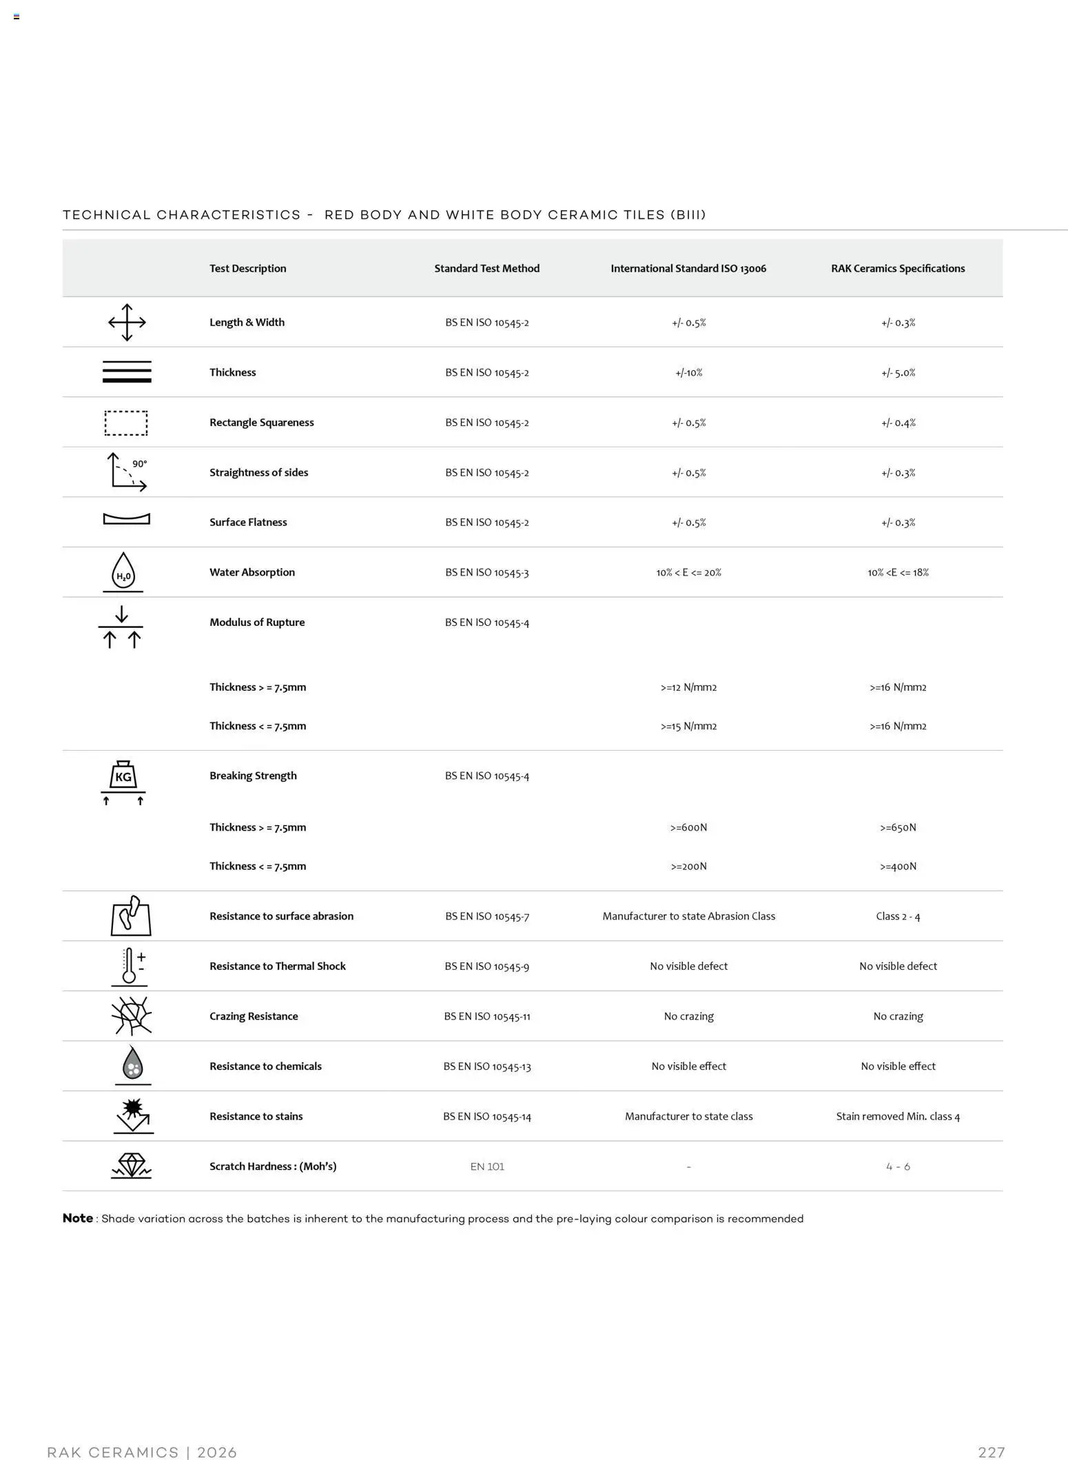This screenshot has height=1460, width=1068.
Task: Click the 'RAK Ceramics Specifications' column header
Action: tap(897, 268)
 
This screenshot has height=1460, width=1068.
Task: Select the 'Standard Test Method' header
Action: tap(486, 268)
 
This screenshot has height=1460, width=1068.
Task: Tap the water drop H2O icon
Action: tap(123, 571)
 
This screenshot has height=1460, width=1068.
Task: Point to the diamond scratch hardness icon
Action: tap(131, 1166)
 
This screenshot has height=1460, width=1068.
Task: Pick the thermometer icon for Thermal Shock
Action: tap(130, 965)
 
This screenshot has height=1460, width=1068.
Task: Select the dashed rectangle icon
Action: tap(126, 423)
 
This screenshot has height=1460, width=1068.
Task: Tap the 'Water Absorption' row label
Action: tap(252, 572)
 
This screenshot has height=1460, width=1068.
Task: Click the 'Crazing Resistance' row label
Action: tap(254, 1016)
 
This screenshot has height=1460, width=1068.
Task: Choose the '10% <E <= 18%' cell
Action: tap(898, 572)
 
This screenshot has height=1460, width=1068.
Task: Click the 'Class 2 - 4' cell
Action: tap(898, 916)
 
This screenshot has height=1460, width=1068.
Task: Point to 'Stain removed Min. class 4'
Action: tap(898, 1116)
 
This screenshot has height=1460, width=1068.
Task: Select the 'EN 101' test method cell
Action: tap(487, 1166)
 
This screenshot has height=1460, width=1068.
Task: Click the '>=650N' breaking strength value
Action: tap(898, 827)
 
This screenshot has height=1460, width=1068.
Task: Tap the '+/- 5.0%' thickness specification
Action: tap(898, 372)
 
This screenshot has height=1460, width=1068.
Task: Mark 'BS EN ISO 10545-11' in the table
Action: tap(487, 1016)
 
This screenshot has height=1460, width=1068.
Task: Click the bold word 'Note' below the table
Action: tap(78, 1218)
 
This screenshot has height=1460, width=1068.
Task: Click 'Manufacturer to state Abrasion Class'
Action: tap(688, 916)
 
